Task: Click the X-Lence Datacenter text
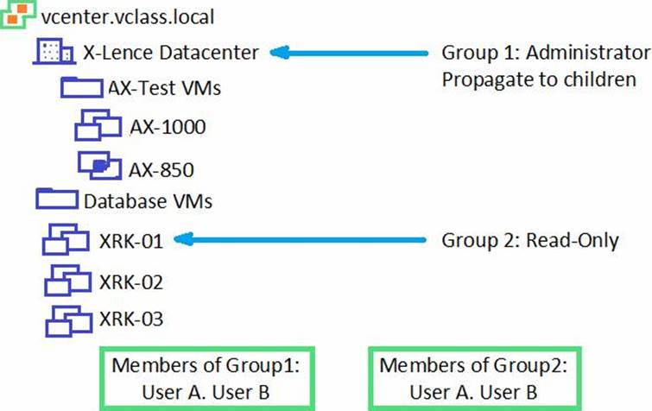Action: pyautogui.click(x=171, y=52)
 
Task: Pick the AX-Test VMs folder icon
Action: pyautogui.click(x=81, y=88)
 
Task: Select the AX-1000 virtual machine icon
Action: pyautogui.click(x=97, y=126)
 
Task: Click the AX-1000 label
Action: pyautogui.click(x=168, y=128)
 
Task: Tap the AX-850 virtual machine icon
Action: pyautogui.click(x=98, y=164)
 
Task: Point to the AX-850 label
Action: pyautogui.click(x=161, y=167)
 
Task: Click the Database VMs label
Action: pyautogui.click(x=148, y=202)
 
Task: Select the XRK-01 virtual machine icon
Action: pyautogui.click(x=66, y=241)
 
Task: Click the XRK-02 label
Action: pyautogui.click(x=131, y=282)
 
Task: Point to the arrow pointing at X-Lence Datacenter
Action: pyautogui.click(x=350, y=53)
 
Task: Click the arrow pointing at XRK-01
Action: pyautogui.click(x=303, y=240)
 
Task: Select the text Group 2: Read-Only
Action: pyautogui.click(x=530, y=240)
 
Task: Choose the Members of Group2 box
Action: pyautogui.click(x=473, y=378)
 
